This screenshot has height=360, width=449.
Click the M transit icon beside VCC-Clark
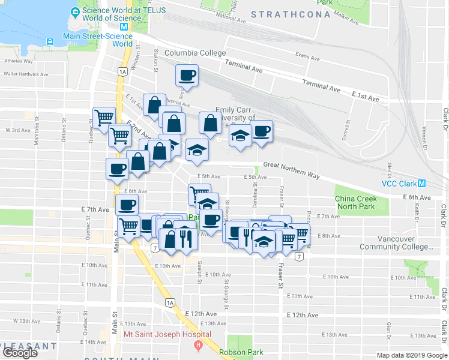(x=422, y=184)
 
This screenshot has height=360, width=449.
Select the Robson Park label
(x=240, y=352)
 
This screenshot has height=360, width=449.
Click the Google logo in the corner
(x=20, y=353)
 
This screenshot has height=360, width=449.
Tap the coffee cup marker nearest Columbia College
(x=187, y=76)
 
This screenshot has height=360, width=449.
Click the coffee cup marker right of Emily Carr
(x=261, y=131)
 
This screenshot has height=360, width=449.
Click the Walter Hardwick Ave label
(x=26, y=74)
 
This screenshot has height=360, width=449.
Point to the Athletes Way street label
(x=17, y=61)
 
